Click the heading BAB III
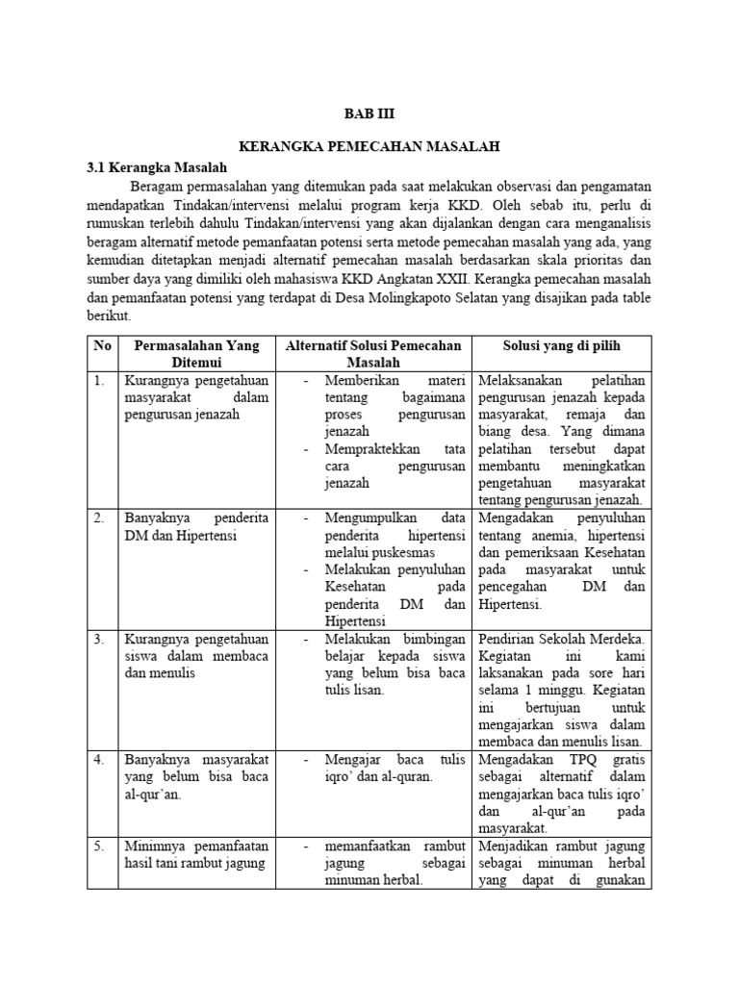pyautogui.click(x=369, y=112)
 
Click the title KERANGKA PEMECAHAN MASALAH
pyautogui.click(x=369, y=146)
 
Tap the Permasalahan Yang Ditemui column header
pyautogui.click(x=196, y=354)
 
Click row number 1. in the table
pyautogui.click(x=99, y=380)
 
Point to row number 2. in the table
pyautogui.click(x=99, y=518)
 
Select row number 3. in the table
pyautogui.click(x=99, y=639)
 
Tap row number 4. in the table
pyautogui.click(x=99, y=760)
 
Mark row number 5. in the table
pyautogui.click(x=99, y=846)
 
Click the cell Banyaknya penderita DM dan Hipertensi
pyautogui.click(x=196, y=526)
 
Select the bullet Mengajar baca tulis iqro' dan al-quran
pyautogui.click(x=380, y=768)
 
